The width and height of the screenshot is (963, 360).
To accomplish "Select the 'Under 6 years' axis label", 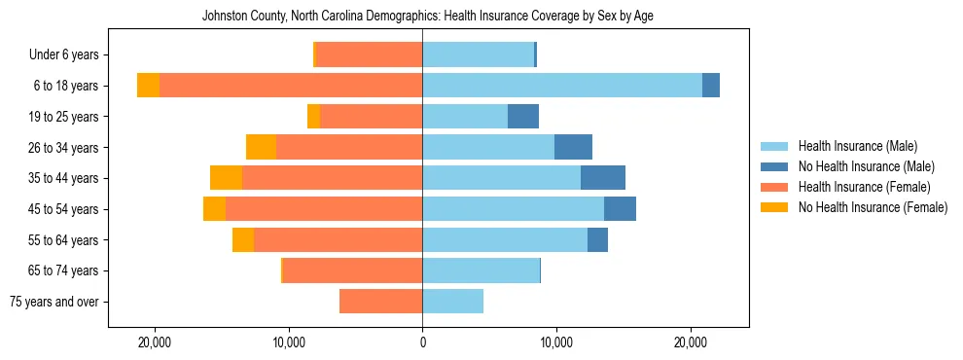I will pos(70,55).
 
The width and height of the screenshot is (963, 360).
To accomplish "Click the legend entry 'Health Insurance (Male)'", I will pos(857,146).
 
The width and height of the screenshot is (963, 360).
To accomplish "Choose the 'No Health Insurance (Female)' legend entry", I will pos(873,207).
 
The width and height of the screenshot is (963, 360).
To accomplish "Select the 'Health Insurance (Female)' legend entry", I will pos(864,187).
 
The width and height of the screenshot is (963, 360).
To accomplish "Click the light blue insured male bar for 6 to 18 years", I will pos(561,86).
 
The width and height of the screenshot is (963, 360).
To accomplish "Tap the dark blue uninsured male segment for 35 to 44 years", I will pos(603,178).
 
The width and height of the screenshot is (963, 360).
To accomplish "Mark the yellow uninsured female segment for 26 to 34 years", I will pos(261,147).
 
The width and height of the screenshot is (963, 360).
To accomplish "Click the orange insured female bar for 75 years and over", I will pos(380,302).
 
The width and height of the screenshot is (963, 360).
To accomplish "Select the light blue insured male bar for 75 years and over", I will pos(452,302).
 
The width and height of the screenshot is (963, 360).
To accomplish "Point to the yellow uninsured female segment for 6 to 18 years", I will pos(148,86).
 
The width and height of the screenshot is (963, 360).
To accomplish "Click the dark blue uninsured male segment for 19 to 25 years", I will pos(523,117).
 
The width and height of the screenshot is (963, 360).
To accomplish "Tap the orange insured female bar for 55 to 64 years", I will pos(338,240).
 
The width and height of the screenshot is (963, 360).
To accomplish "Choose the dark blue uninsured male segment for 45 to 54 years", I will pos(620,209).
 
